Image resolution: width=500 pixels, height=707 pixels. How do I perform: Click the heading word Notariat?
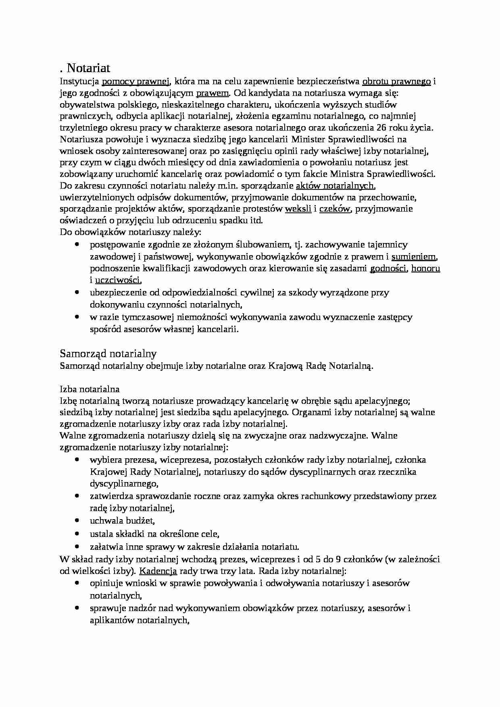coord(88,67)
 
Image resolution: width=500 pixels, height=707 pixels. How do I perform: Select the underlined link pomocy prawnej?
coord(135,82)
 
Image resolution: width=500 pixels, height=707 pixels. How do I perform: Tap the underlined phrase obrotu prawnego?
coord(397,82)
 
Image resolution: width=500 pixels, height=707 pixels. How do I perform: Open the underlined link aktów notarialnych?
coord(335,186)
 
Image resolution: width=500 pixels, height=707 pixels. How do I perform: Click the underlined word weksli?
coord(298,209)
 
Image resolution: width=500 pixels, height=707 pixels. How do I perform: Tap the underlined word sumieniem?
coord(414,257)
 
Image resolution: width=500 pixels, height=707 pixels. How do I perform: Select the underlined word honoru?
coord(425,268)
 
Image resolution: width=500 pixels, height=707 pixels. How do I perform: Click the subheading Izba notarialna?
coord(90,389)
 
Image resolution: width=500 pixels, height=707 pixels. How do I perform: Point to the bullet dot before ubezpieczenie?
coord(77,293)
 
